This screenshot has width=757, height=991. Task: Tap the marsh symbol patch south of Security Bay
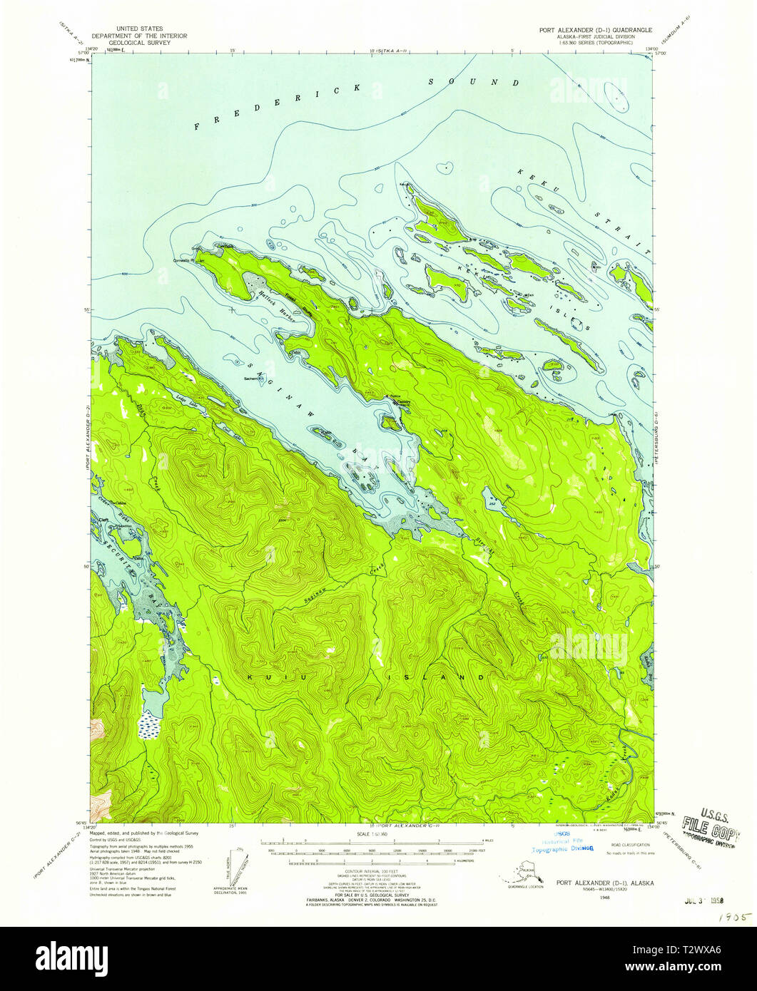click(x=151, y=726)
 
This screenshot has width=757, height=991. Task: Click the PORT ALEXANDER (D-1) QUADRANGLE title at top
click(x=586, y=31)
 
